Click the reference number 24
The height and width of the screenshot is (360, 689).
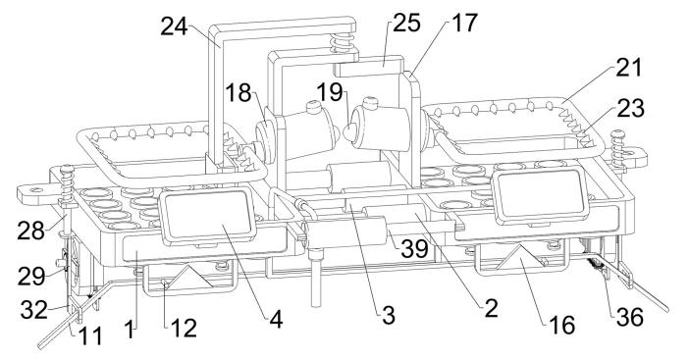[174, 26]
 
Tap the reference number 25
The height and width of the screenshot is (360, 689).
[406, 23]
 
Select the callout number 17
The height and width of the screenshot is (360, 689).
[464, 23]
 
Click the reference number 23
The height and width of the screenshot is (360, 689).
[630, 108]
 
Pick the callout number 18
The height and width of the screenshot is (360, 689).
[238, 93]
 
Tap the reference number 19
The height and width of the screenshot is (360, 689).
[330, 92]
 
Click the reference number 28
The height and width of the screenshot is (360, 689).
[30, 231]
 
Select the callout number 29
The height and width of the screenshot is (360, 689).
[31, 277]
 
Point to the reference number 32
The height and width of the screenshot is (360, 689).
[33, 310]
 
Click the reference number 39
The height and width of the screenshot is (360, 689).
[414, 249]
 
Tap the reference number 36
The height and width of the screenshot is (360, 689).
[630, 317]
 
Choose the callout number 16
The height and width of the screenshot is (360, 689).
[562, 325]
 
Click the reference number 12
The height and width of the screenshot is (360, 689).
[183, 328]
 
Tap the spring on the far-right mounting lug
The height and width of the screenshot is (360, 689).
[617, 148]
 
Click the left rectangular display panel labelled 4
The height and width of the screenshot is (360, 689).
[207, 216]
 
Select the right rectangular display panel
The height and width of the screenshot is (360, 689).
[540, 194]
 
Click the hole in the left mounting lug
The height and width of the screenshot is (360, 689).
[36, 189]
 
